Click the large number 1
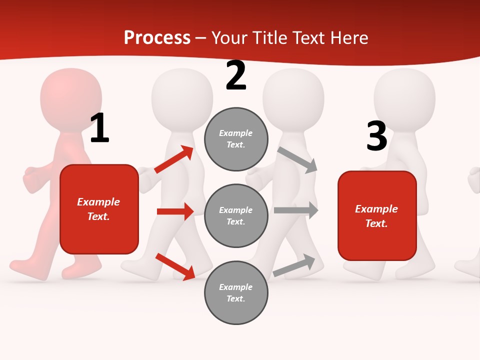(99, 128)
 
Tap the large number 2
(236, 76)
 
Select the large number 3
(376, 136)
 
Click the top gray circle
(236, 139)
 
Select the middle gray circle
(236, 215)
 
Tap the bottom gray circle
(236, 292)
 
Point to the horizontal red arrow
(175, 211)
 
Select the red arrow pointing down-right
(175, 266)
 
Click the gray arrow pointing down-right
(297, 160)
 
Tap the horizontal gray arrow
(296, 210)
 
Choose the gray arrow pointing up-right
(294, 265)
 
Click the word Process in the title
(157, 37)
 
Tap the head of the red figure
(71, 97)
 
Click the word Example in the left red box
(98, 202)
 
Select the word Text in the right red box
(375, 223)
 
